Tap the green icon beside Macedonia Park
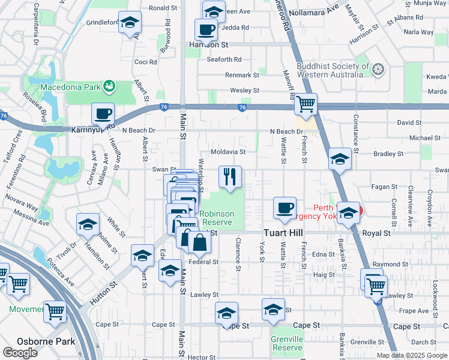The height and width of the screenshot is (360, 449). pyautogui.click(x=109, y=86)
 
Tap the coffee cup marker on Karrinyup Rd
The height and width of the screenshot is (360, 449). pyautogui.click(x=103, y=113)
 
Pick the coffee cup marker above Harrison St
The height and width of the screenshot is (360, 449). pyautogui.click(x=206, y=29)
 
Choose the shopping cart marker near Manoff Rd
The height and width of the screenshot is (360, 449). pyautogui.click(x=306, y=104)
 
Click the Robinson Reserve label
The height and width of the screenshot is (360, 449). pyautogui.click(x=217, y=218)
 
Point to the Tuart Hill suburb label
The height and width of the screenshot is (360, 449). pyautogui.click(x=285, y=233)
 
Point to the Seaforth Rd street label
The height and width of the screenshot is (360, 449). pyautogui.click(x=224, y=59)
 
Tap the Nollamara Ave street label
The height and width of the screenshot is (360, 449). pyautogui.click(x=313, y=12)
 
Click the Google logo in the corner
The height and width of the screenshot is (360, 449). pyautogui.click(x=20, y=353)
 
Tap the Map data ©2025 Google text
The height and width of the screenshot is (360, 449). pyautogui.click(x=412, y=355)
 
